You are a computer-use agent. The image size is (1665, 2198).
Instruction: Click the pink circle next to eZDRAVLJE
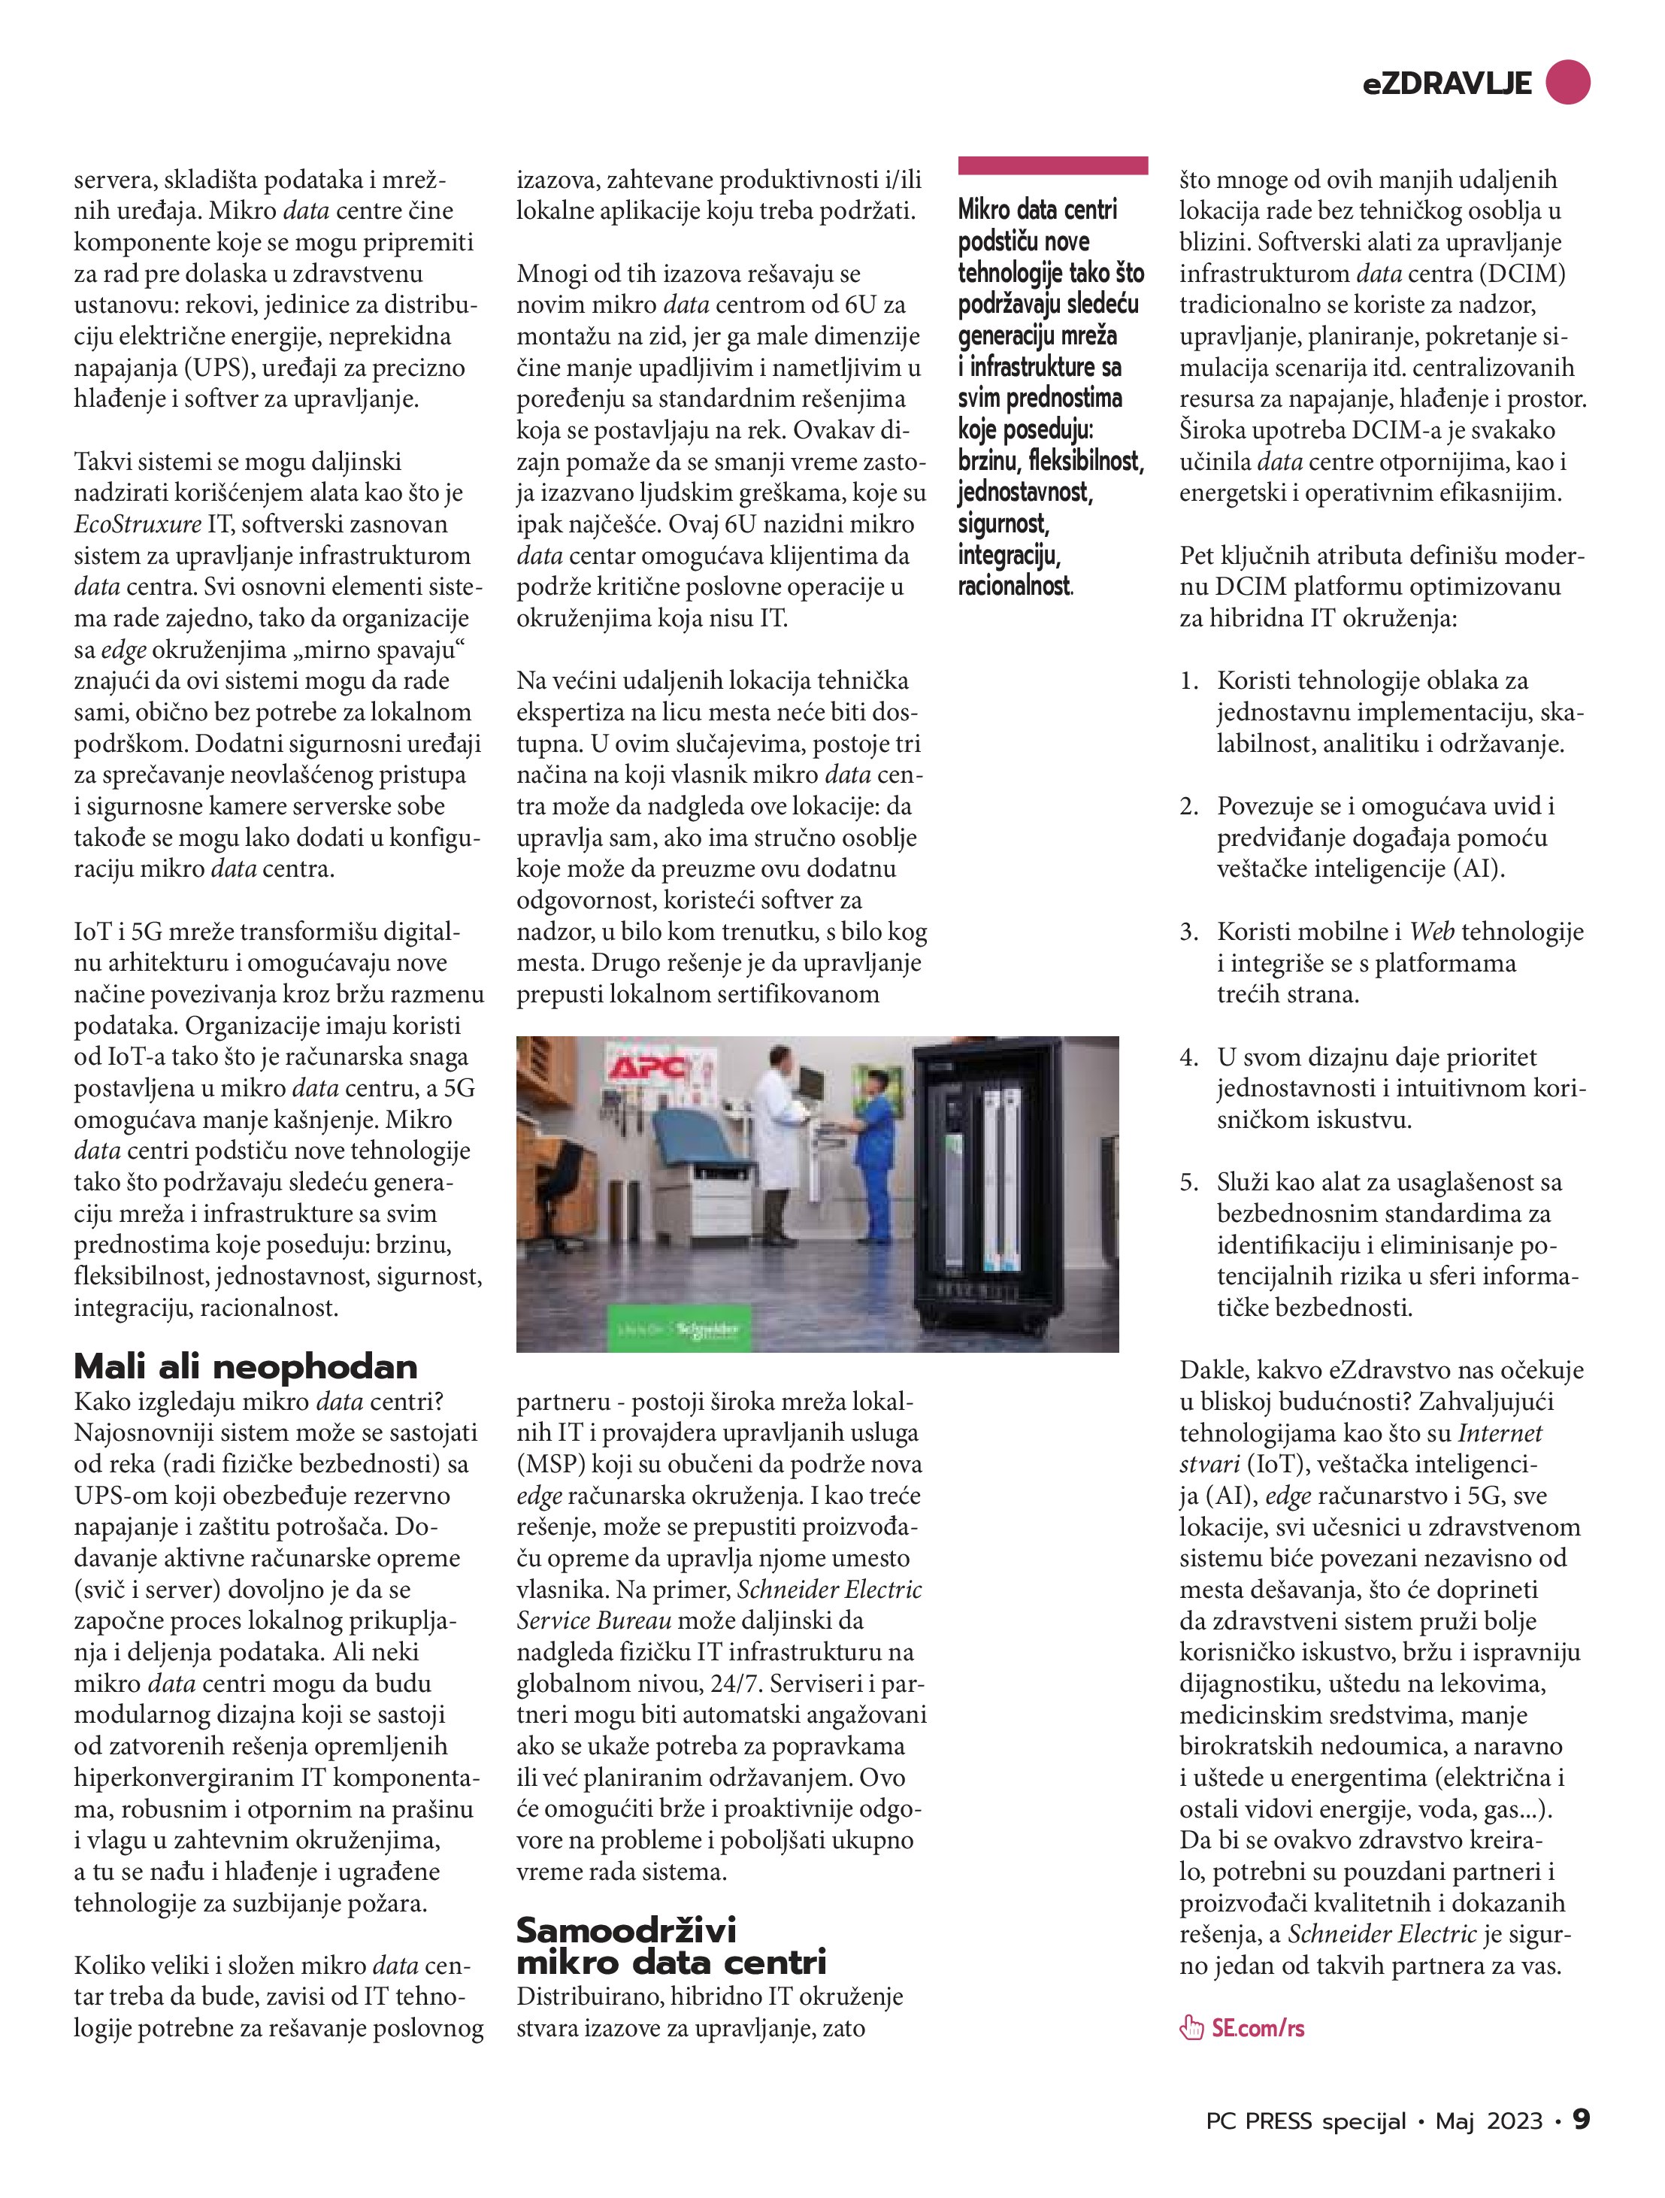(1567, 83)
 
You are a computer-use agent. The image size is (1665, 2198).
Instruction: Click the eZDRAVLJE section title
(1446, 84)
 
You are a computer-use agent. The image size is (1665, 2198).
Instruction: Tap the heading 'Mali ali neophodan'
(245, 1366)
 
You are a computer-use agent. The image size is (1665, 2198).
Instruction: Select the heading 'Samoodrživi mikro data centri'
(671, 1945)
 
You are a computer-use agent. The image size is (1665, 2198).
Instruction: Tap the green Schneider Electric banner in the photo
(677, 1329)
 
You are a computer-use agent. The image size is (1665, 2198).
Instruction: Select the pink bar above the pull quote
(1053, 165)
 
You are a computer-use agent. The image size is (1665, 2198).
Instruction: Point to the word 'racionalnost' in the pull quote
(1014, 587)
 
